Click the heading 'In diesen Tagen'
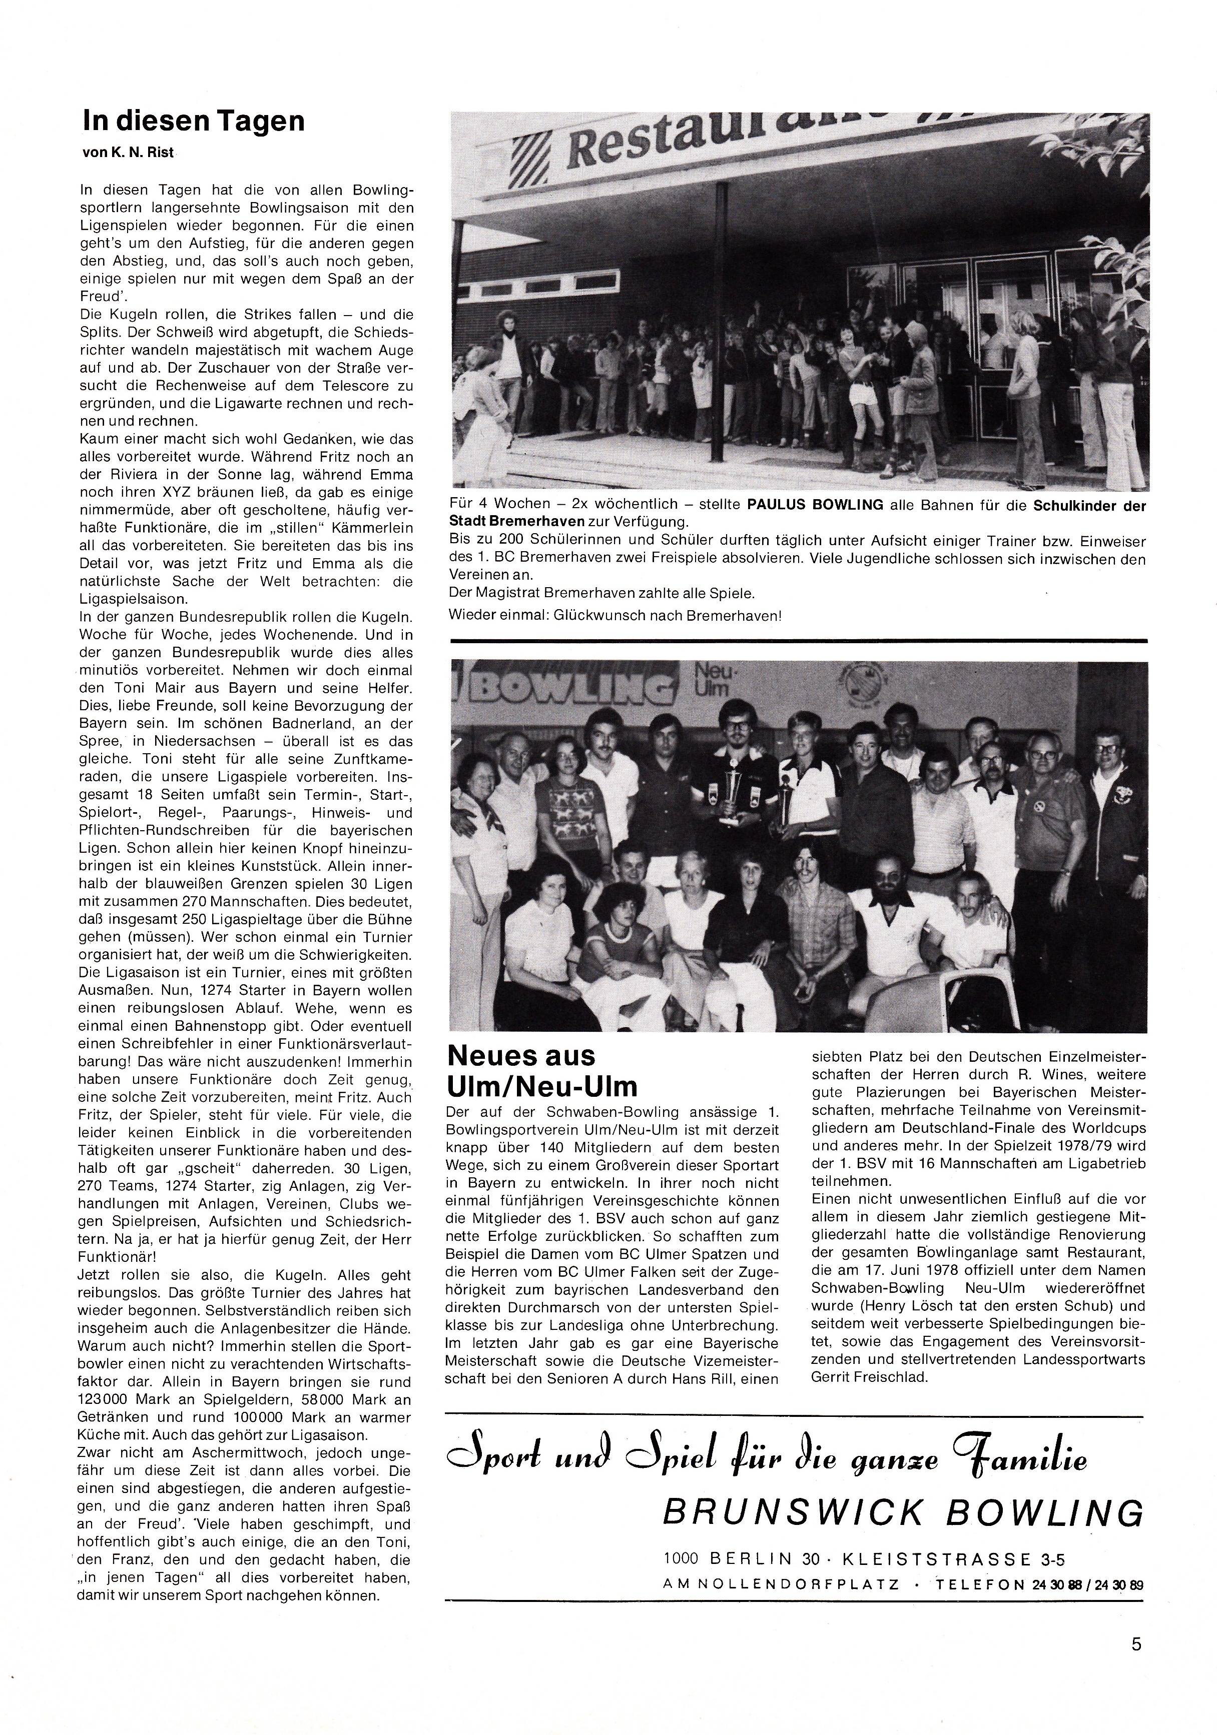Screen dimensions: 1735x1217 pyautogui.click(x=194, y=122)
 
